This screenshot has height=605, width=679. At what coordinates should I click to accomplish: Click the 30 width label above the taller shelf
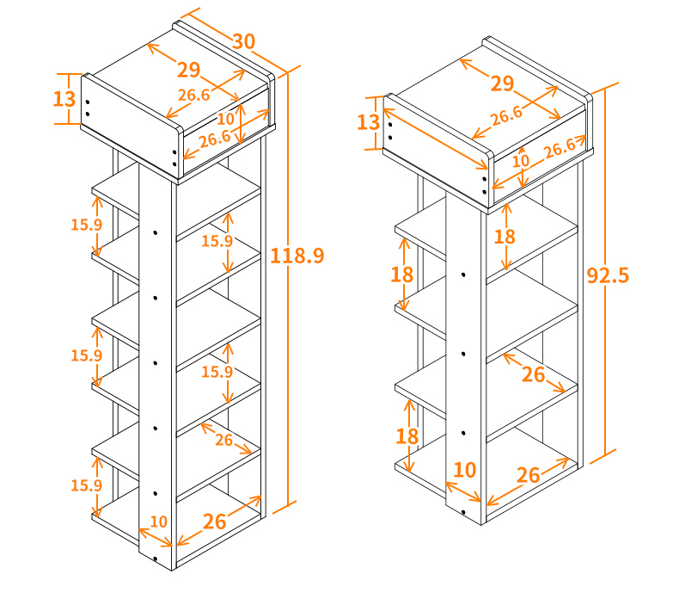pyautogui.click(x=244, y=41)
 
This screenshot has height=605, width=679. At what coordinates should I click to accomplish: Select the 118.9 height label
pyautogui.click(x=297, y=256)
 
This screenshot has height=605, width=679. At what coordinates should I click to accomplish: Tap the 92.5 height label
pyautogui.click(x=608, y=275)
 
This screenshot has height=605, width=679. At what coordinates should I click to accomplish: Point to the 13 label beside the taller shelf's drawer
pyautogui.click(x=64, y=99)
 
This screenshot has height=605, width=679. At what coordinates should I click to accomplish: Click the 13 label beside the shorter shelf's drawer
pyautogui.click(x=368, y=122)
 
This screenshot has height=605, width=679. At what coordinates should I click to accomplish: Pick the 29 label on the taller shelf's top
pyautogui.click(x=189, y=70)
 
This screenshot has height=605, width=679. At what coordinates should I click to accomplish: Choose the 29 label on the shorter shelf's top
pyautogui.click(x=502, y=83)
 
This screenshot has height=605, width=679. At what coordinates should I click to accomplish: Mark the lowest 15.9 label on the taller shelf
pyautogui.click(x=86, y=485)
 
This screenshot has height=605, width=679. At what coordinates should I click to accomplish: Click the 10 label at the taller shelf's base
pyautogui.click(x=158, y=522)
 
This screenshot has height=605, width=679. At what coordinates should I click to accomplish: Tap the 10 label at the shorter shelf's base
pyautogui.click(x=465, y=470)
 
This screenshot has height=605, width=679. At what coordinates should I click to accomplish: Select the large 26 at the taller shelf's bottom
pyautogui.click(x=214, y=522)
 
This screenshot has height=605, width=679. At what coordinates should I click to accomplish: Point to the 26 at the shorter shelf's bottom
pyautogui.click(x=529, y=475)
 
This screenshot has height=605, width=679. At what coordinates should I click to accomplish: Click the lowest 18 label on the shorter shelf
pyautogui.click(x=407, y=436)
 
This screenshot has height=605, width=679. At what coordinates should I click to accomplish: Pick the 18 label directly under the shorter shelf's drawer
pyautogui.click(x=505, y=237)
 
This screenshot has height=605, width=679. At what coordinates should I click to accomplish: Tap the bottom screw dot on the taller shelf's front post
pyautogui.click(x=155, y=559)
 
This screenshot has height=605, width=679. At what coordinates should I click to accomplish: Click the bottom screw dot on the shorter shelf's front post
pyautogui.click(x=463, y=512)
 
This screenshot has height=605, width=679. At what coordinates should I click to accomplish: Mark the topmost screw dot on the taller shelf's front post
pyautogui.click(x=155, y=233)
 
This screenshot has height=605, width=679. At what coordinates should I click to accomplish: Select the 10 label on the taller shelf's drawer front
pyautogui.click(x=225, y=119)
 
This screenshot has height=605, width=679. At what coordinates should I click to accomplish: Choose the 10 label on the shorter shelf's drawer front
pyautogui.click(x=521, y=161)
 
